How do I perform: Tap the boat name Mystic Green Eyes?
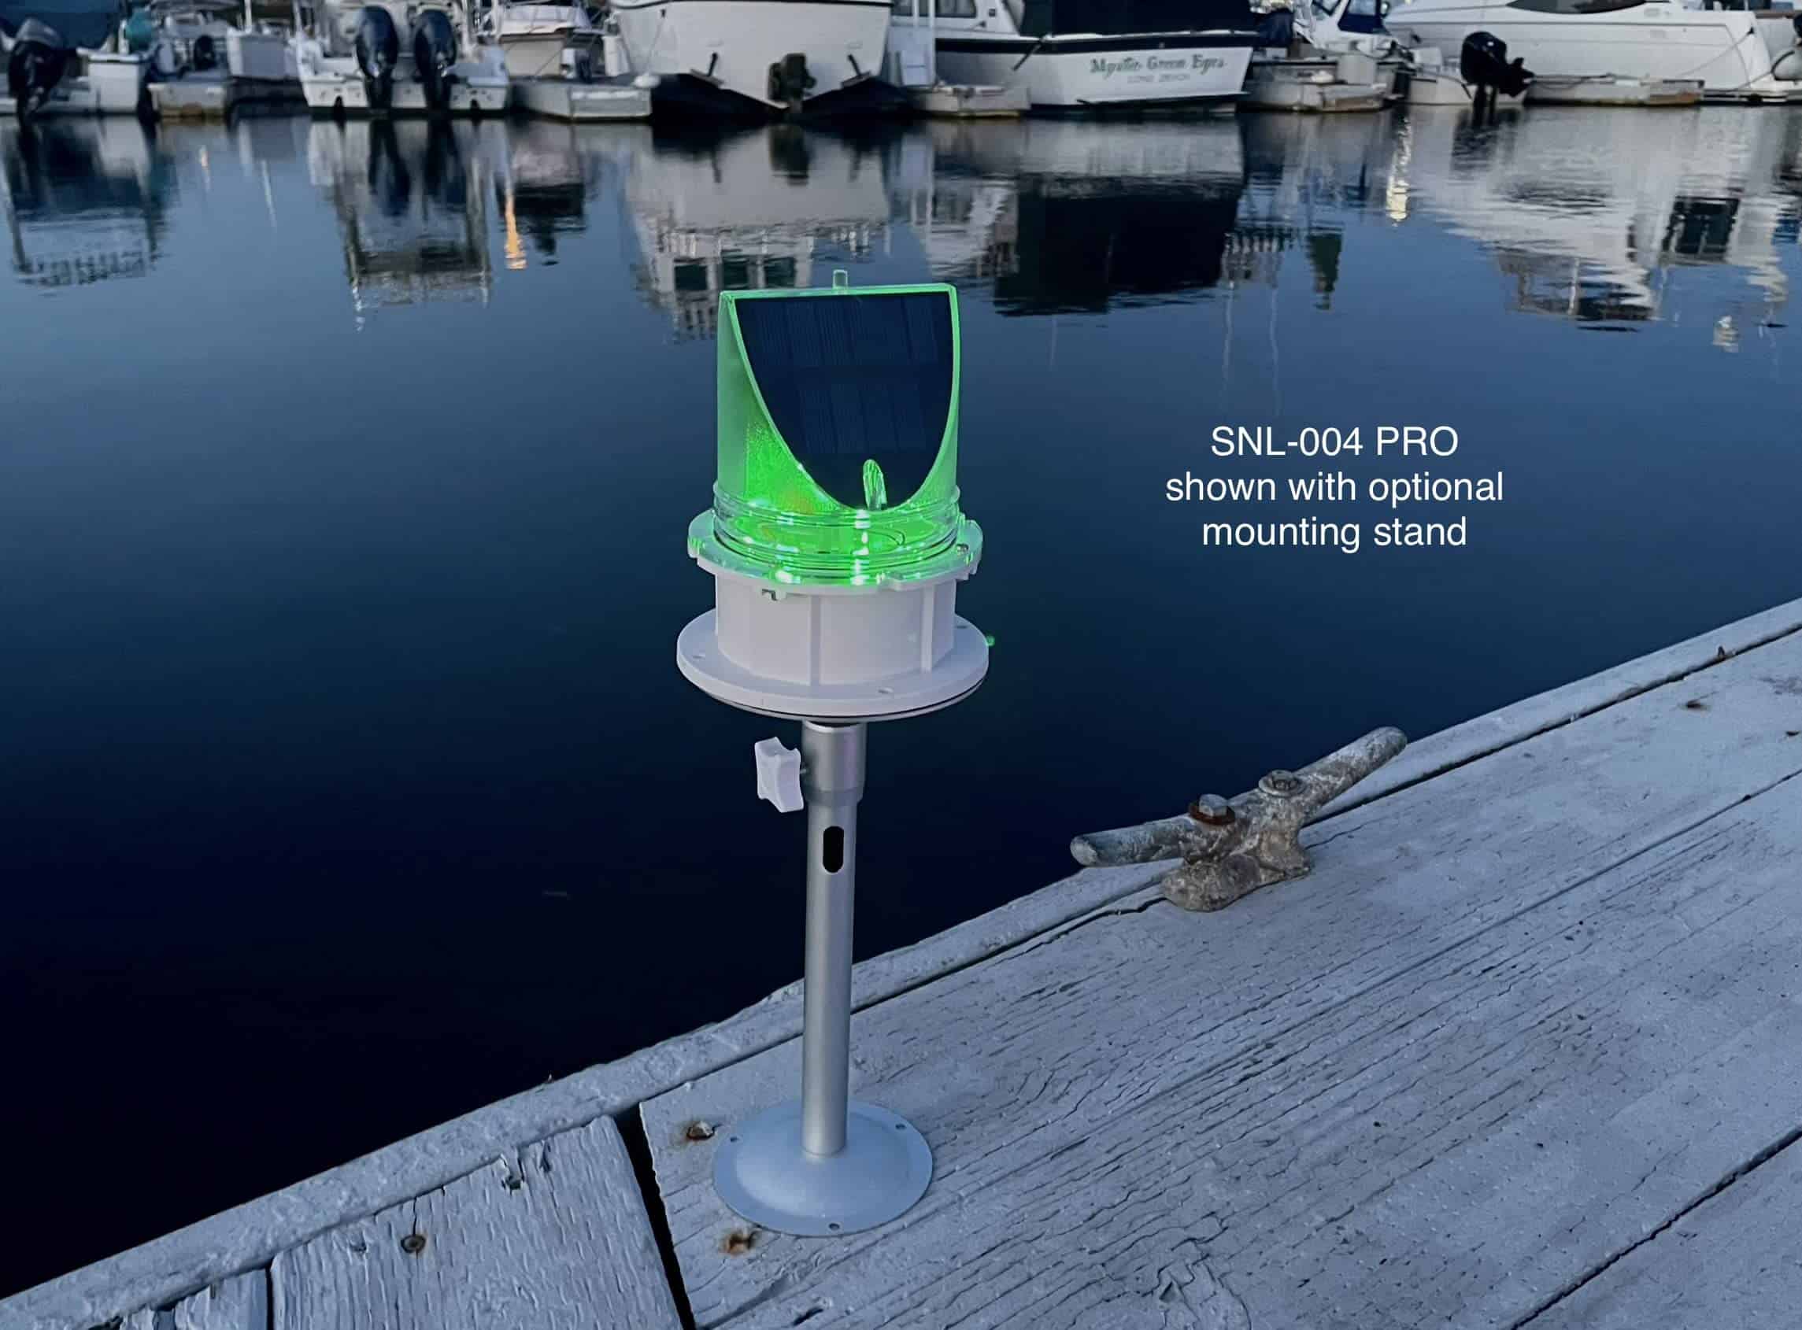(x=1157, y=65)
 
